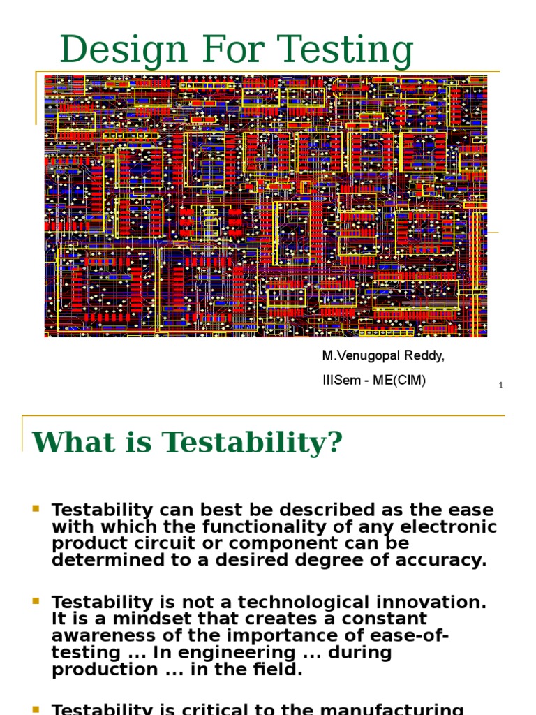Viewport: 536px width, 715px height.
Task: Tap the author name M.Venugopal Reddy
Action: (382, 356)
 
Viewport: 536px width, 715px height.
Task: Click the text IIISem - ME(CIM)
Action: (373, 380)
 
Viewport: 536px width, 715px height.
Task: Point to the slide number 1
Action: (501, 385)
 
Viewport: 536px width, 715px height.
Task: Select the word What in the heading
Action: (67, 442)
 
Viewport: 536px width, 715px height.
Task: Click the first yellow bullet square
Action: (36, 509)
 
